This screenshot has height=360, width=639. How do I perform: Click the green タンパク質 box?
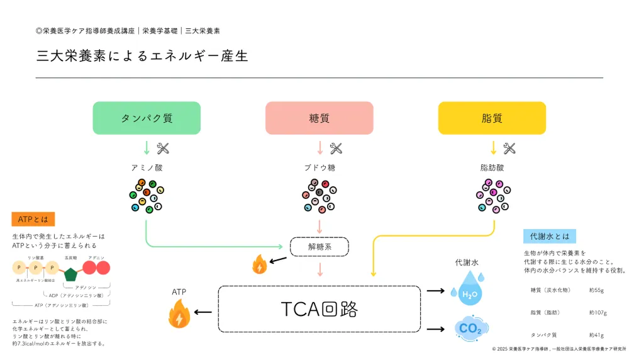pyautogui.click(x=147, y=118)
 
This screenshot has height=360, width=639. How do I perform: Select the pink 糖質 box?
pyautogui.click(x=319, y=118)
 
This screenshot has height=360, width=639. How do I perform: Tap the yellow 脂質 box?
pyautogui.click(x=491, y=118)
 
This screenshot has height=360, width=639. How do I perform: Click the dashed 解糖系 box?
pyautogui.click(x=319, y=247)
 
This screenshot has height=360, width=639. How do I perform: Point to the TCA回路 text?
pyautogui.click(x=319, y=309)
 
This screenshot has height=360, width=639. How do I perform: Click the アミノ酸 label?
pyautogui.click(x=147, y=168)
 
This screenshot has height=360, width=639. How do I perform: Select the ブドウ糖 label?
pyautogui.click(x=319, y=168)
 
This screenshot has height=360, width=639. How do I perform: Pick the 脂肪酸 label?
pyautogui.click(x=492, y=168)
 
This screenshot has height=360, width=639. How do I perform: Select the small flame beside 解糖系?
pyautogui.click(x=258, y=265)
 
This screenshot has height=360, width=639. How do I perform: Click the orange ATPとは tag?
pyautogui.click(x=33, y=219)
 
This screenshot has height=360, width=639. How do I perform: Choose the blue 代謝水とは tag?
pyautogui.click(x=549, y=236)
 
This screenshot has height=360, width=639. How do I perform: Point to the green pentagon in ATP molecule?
pyautogui.click(x=70, y=274)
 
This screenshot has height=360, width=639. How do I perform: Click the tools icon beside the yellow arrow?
pyautogui.click(x=509, y=149)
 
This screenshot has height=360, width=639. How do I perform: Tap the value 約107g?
pyautogui.click(x=597, y=312)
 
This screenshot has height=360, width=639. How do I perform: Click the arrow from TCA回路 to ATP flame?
pyautogui.click(x=203, y=312)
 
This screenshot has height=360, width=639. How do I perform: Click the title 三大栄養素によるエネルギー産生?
pyautogui.click(x=142, y=55)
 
